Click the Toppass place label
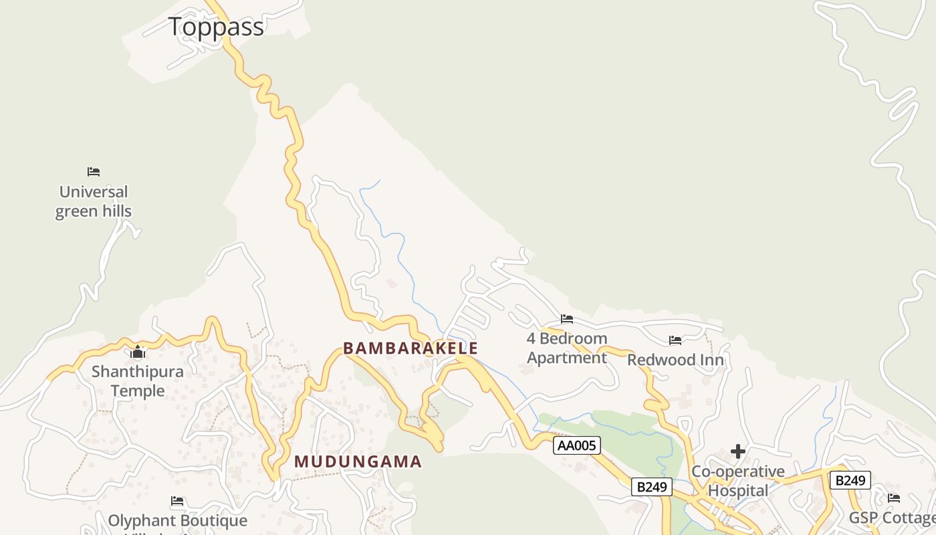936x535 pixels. pos(216,27)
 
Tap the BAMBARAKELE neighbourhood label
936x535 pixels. pos(411,348)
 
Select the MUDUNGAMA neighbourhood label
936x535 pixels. pos(358,461)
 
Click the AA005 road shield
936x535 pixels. pos(577,445)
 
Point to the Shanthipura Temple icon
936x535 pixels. pos(138,352)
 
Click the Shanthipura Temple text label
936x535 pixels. pos(138,381)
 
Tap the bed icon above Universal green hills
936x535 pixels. pos(94,172)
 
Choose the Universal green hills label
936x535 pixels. pos(94,201)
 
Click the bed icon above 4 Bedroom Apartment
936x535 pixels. pos(567,319)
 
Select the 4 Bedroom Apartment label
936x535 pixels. pos(567,348)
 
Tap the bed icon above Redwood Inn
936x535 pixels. pos(675,340)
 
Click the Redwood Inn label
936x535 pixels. pos(675,360)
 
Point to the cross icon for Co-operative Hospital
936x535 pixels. pos(738,451)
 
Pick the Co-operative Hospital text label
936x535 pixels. pos(738,481)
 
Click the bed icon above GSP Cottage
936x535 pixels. pos(894,498)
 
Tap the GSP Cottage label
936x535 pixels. pos(892,518)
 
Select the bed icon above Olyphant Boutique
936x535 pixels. pos(177,500)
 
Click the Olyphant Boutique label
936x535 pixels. pos(178,520)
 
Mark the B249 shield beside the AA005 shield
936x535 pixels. pos(652,487)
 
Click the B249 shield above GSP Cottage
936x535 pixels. pos(850,480)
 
